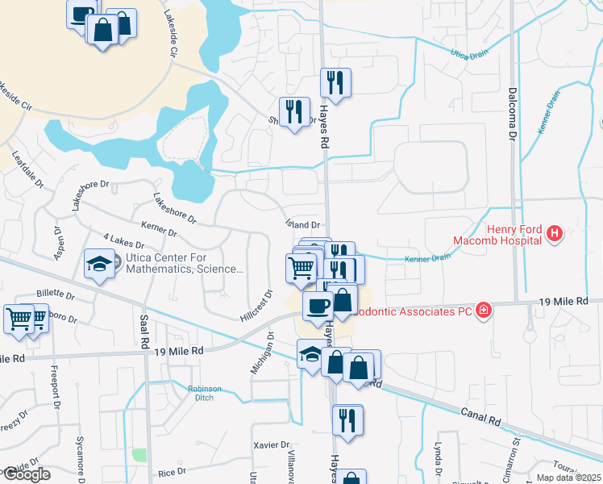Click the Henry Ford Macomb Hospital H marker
pos(554,235)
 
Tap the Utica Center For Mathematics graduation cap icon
pos(99,264)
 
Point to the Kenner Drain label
pos(428,257)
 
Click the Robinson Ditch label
pos(204,393)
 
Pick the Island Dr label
pos(304,225)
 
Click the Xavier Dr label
pos(271,444)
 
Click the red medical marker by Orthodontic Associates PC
pos(483,311)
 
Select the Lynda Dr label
pos(439,458)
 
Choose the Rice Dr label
pos(171,471)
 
